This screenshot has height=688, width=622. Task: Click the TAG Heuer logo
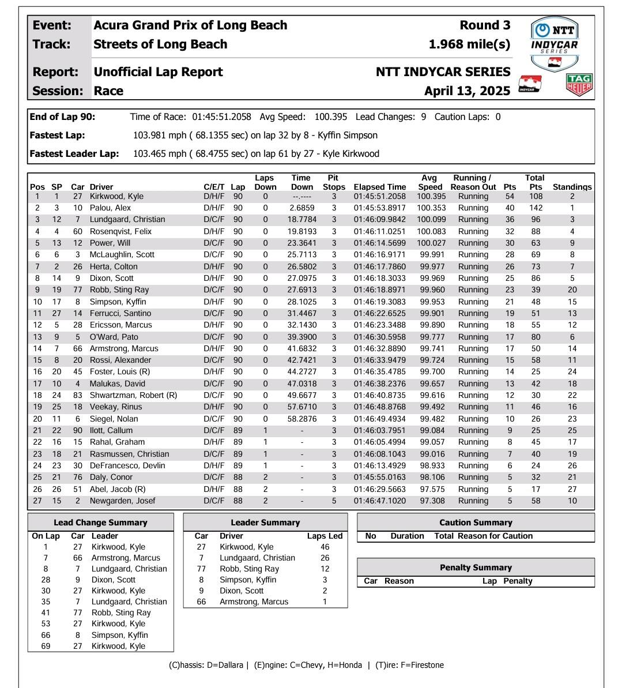point(580,84)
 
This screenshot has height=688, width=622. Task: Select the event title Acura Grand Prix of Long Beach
point(190,25)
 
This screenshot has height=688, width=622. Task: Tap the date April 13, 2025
point(467,91)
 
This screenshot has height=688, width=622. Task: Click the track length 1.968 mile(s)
point(469,44)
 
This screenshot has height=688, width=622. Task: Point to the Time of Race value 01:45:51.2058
point(221,117)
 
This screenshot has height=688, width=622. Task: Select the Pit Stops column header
point(333,182)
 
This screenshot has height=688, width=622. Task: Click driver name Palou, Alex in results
point(110,208)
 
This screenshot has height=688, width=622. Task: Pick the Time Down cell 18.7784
point(302,220)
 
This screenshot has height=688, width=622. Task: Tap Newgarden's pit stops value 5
point(333,501)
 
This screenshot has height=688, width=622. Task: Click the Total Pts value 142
point(536,208)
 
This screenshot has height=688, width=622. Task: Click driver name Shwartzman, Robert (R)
point(133,396)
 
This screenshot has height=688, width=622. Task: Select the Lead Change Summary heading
point(100,522)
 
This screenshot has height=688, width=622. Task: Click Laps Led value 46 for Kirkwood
point(325,547)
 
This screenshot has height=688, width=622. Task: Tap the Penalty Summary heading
point(476,567)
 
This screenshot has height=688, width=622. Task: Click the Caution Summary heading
point(476,522)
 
